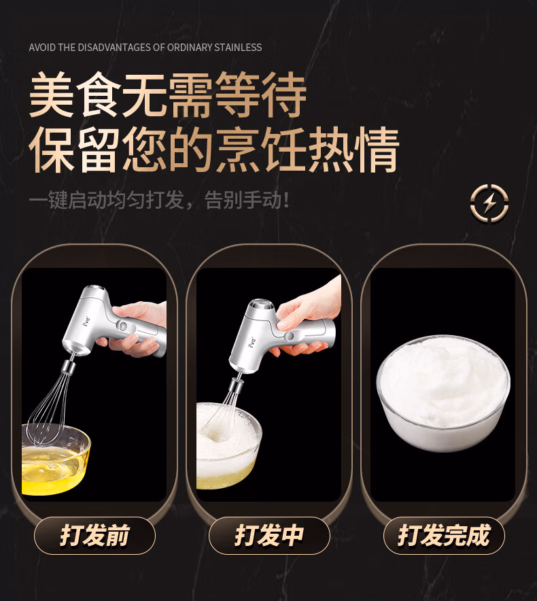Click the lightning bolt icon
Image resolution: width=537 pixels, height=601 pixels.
[489, 203]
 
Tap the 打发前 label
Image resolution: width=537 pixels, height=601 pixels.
[94, 535]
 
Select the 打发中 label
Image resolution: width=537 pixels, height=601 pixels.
[269, 535]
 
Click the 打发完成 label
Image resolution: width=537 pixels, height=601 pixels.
[444, 535]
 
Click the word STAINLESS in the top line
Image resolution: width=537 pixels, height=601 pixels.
[238, 48]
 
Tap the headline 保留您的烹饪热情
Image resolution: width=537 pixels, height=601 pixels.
[214, 150]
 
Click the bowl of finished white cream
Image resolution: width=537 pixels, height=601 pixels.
[443, 393]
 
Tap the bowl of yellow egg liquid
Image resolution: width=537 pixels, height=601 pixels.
[56, 458]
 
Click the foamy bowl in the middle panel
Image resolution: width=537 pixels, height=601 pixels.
[229, 445]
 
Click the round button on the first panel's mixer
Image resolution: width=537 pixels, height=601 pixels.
[122, 326]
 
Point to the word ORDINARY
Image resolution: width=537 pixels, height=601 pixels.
[190, 48]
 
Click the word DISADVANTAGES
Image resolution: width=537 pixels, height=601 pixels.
[115, 48]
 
